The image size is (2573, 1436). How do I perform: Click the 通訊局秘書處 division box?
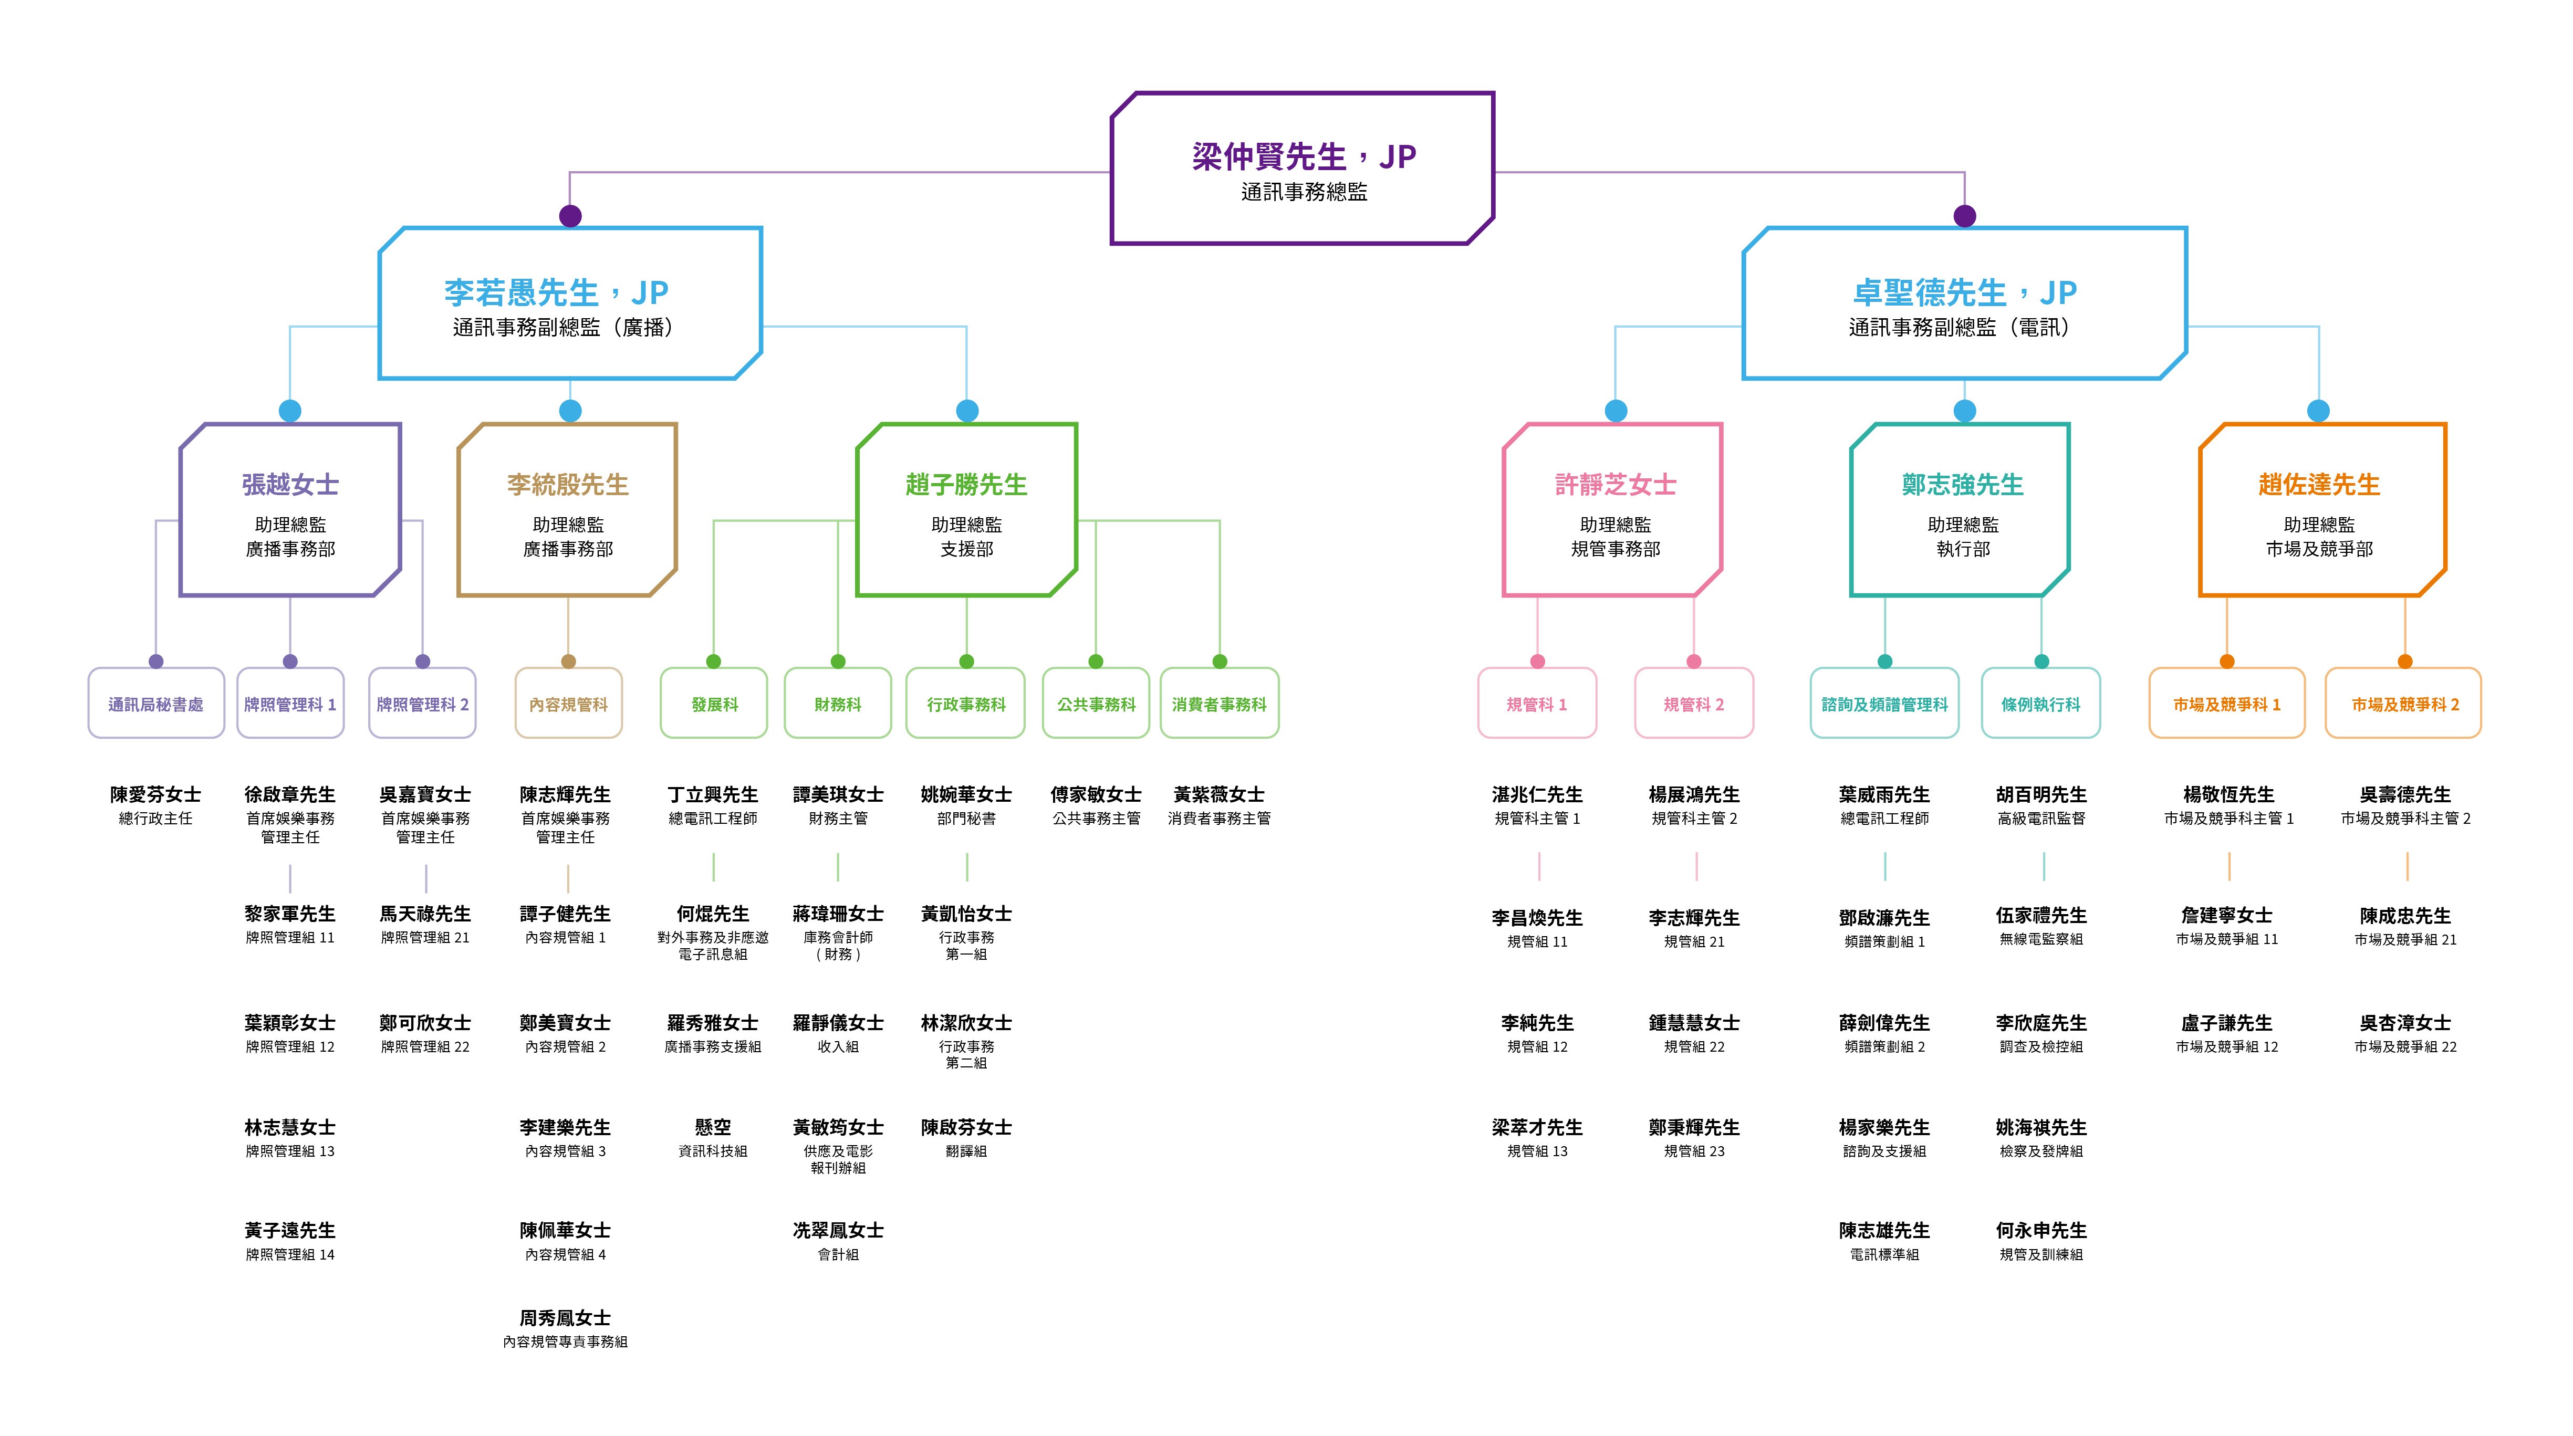pos(156,704)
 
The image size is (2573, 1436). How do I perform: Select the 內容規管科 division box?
pos(568,704)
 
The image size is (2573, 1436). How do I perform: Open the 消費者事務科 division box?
pos(1218,704)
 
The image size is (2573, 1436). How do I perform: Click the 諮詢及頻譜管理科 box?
pos(1884,704)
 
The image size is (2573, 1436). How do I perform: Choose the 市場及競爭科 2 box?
pos(2404,704)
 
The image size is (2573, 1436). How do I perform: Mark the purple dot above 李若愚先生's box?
pos(570,216)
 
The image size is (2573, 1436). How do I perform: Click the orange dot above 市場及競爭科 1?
pos(2226,661)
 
